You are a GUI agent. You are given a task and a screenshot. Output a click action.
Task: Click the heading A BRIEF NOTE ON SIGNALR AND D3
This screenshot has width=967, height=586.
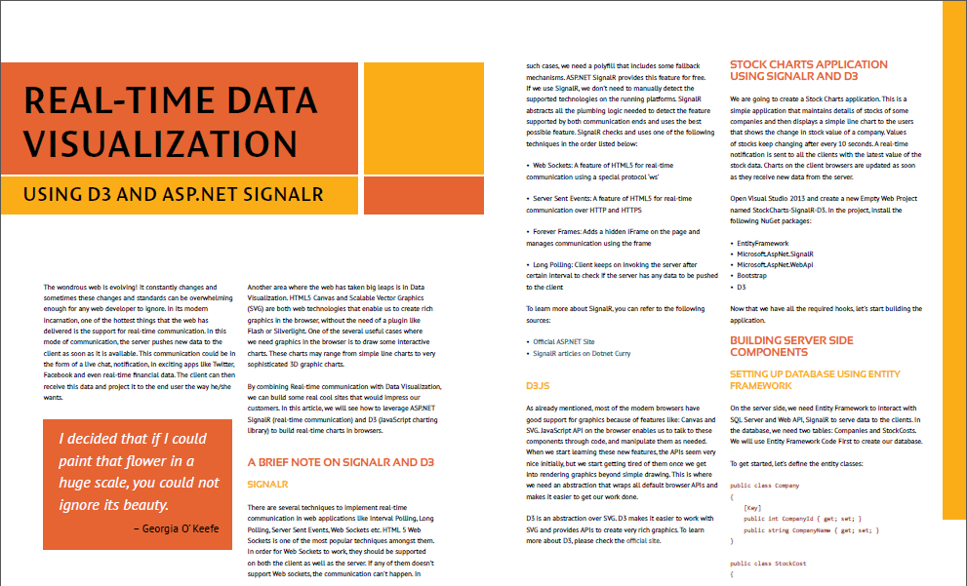341,462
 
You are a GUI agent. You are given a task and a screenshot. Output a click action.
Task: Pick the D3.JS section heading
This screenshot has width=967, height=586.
537,386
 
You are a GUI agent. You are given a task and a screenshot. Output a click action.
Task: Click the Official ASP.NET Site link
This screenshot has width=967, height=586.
563,342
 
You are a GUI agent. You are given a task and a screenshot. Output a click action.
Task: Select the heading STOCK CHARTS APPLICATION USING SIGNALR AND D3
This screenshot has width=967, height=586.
795,70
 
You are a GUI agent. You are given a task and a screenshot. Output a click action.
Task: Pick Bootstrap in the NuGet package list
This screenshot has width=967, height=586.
754,277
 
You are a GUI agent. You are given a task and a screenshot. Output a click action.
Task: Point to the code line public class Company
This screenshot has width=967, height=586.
764,485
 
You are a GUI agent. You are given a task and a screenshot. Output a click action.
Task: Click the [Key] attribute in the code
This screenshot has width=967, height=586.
752,507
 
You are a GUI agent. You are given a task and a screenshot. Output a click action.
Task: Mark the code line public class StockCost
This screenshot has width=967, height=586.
767,564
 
